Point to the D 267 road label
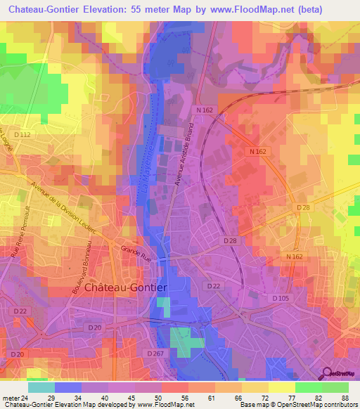tap(155, 353)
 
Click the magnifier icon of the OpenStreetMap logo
tap(328, 374)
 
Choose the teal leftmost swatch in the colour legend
tap(41, 387)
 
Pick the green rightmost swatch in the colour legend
tap(335, 387)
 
